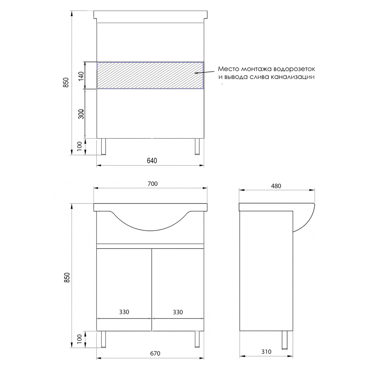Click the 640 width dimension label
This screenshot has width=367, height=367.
152,161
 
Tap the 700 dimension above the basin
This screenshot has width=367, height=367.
153,184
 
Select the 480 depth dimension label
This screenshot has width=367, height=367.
276,186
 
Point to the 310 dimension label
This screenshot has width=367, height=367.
266,352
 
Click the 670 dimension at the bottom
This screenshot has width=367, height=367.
155,354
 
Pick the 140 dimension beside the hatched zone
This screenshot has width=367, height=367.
81,76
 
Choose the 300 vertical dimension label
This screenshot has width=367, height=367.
81,114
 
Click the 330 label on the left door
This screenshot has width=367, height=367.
124,312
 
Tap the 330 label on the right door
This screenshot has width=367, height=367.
178,312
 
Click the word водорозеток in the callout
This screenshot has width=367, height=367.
294,69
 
